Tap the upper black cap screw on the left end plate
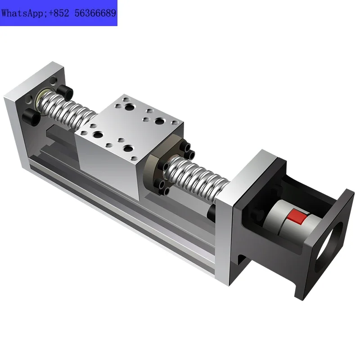tap(67, 94)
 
